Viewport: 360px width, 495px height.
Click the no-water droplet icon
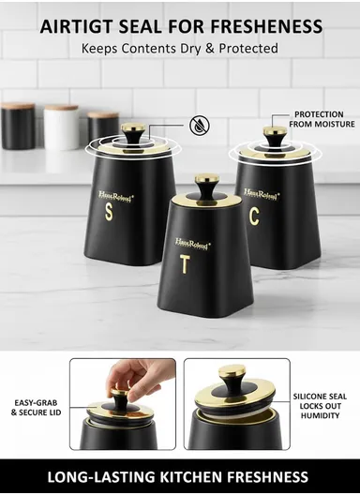tap(199, 124)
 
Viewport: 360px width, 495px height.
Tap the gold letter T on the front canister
tap(185, 264)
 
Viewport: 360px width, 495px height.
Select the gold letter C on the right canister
tap(253, 216)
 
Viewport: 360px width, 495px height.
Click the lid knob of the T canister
tap(208, 181)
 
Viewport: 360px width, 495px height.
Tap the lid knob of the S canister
tap(133, 133)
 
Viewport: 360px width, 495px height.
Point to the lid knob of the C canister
tap(274, 135)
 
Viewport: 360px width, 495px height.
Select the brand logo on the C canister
tap(261, 194)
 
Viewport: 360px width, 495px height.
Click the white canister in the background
tap(62, 127)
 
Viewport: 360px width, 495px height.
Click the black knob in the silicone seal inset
tap(232, 381)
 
